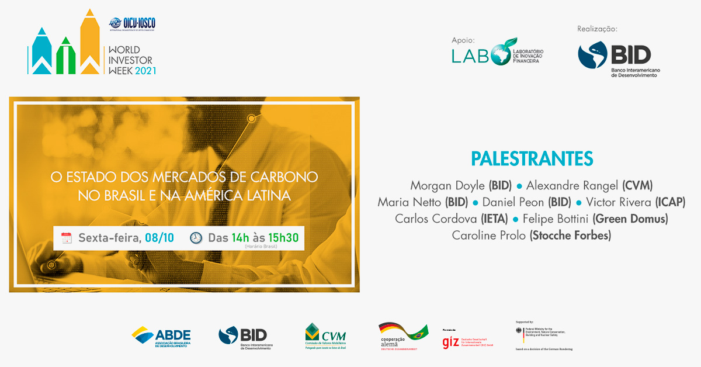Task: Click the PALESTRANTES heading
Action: click(532, 159)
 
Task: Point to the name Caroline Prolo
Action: click(489, 236)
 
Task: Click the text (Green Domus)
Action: click(630, 219)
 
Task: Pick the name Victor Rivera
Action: click(618, 202)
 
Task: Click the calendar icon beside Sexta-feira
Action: click(67, 238)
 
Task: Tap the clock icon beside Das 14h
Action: click(196, 238)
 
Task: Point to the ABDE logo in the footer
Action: click(161, 337)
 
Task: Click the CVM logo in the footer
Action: click(325, 337)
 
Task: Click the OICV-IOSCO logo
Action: click(132, 24)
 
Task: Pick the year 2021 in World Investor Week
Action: click(145, 70)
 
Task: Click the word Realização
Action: click(597, 29)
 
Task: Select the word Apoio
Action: click(463, 40)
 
